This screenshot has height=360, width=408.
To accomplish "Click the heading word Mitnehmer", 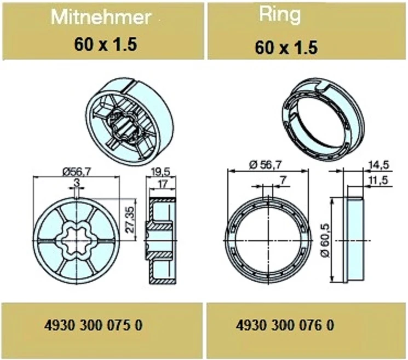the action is tap(101, 17).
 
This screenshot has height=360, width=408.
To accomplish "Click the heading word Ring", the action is tap(280, 15).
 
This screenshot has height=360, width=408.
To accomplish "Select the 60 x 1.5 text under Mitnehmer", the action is tap(105, 44).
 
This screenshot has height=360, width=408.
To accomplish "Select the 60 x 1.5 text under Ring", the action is tap(286, 48).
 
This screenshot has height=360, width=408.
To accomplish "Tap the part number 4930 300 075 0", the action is tap(94, 325).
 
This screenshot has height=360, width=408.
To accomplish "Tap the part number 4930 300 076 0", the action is tap(285, 325).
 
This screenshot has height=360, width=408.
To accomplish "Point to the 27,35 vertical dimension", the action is tap(131, 219).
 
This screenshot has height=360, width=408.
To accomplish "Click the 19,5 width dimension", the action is tap(160, 172).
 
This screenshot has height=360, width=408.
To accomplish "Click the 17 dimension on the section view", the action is tap(163, 184).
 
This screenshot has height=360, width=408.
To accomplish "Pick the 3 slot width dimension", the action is tap(77, 183).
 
